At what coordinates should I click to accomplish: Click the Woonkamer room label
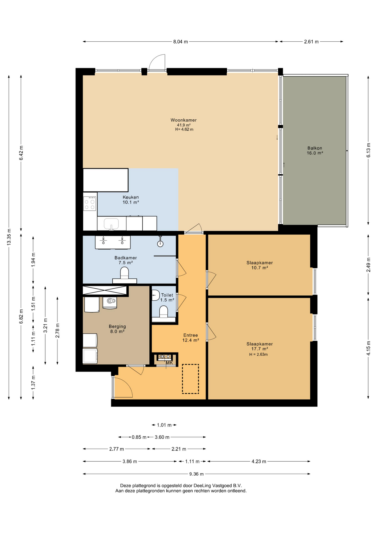[184, 120]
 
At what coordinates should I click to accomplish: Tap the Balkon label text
[315, 148]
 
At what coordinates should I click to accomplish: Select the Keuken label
[131, 197]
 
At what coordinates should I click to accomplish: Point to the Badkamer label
[125, 258]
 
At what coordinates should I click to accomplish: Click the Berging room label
[117, 326]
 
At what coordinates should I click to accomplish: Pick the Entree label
[190, 335]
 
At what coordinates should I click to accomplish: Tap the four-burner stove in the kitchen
[90, 203]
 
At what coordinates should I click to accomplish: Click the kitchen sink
[111, 224]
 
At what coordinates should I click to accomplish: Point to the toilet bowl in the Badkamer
[124, 273]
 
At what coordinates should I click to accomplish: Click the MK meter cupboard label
[169, 363]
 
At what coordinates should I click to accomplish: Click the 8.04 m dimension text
[180, 42]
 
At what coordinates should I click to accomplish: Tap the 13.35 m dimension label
[9, 237]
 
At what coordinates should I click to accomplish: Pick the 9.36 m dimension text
[197, 474]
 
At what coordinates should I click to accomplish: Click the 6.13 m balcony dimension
[368, 150]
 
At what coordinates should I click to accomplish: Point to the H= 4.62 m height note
[184, 129]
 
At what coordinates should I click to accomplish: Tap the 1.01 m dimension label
[164, 425]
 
